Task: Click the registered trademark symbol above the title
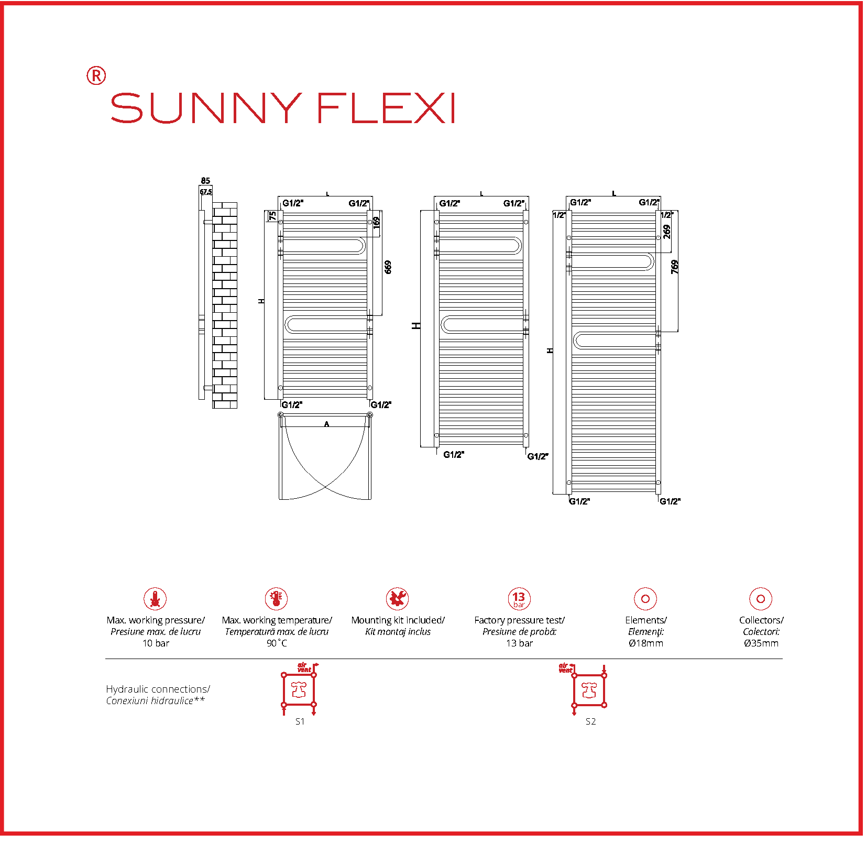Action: tap(96, 76)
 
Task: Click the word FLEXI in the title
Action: tap(386, 108)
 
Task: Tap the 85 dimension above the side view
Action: tap(205, 181)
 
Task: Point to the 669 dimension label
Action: tap(388, 267)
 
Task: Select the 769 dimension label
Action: tap(675, 267)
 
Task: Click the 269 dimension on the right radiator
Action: tap(666, 232)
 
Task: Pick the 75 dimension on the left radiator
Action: tap(272, 216)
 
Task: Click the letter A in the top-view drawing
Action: tap(326, 424)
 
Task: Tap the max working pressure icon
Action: tap(155, 598)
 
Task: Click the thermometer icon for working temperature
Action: tap(276, 598)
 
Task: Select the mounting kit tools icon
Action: tap(397, 598)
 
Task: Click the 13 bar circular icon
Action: tap(519, 598)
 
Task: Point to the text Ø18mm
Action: tap(645, 643)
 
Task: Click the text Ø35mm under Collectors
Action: tap(761, 643)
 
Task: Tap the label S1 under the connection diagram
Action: tap(300, 721)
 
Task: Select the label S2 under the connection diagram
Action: tap(590, 721)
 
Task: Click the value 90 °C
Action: tap(277, 643)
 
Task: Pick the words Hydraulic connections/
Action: tap(158, 689)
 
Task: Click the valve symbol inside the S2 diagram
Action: tap(589, 690)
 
